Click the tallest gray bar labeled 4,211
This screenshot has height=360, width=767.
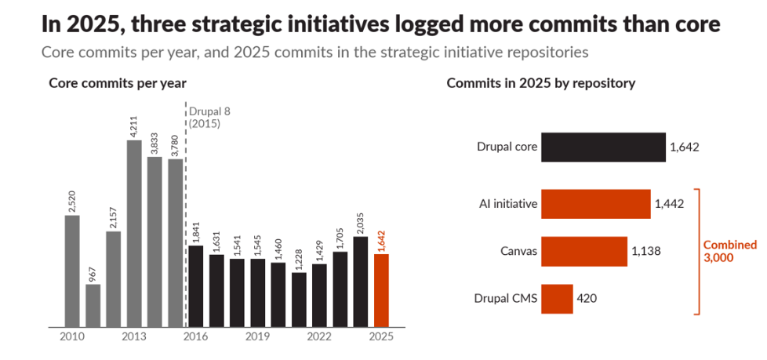pos(134,234)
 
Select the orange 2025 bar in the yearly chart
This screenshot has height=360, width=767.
pos(382,290)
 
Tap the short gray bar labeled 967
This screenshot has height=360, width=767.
pos(93,306)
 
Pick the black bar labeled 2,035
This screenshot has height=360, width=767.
pos(361,282)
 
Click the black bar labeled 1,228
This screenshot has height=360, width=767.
pos(299,300)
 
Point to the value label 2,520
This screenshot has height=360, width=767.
pos(72,201)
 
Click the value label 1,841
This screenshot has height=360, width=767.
pos(196,231)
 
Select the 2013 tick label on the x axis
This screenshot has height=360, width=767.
pos(134,336)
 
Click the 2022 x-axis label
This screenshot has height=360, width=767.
pos(319,336)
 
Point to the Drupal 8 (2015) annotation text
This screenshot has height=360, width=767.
pos(209,117)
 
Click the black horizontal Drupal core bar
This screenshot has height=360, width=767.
pos(603,147)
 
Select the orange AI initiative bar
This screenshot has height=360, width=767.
pos(596,204)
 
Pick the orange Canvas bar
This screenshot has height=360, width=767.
pos(584,252)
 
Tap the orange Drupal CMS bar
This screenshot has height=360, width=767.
pos(557,299)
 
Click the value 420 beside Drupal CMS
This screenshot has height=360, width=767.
pos(587,298)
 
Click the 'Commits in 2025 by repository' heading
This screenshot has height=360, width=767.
pos(541,84)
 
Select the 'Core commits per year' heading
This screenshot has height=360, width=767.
pos(118,84)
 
